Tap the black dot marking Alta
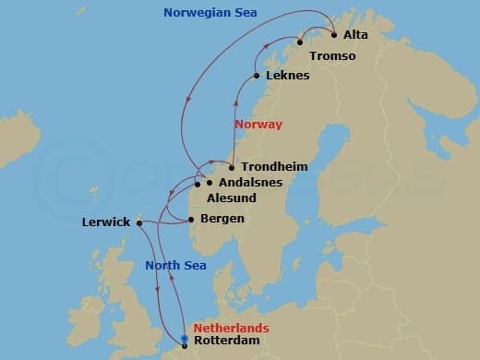[333, 34]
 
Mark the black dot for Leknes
[256, 75]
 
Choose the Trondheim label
[274, 167]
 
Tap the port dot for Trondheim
[232, 167]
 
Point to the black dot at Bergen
[190, 219]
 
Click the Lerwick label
[106, 222]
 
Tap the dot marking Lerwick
[139, 222]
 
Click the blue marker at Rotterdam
[185, 340]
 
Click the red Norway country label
[258, 125]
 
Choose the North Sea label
[175, 266]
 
